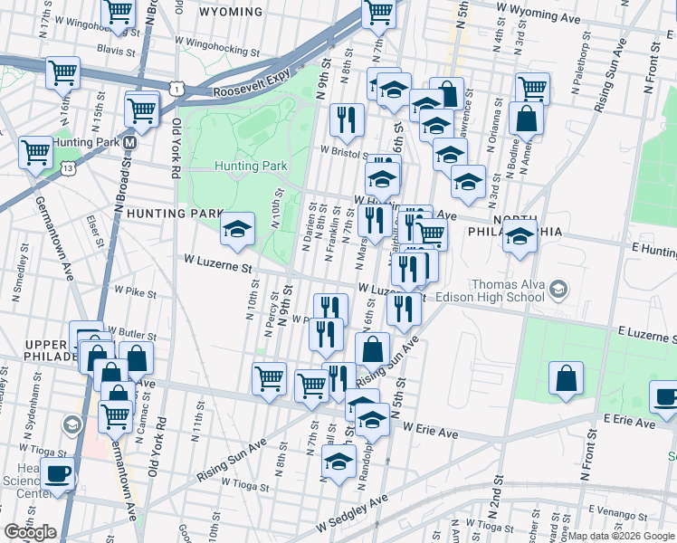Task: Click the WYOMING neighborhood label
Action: click(x=230, y=13)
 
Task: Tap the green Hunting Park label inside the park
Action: click(x=251, y=166)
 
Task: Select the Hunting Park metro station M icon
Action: click(x=130, y=143)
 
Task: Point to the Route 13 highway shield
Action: click(x=69, y=168)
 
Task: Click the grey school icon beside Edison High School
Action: click(x=558, y=290)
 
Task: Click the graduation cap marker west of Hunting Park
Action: click(x=237, y=230)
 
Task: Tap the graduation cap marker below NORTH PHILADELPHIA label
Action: click(x=520, y=239)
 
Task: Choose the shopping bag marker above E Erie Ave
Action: click(x=566, y=378)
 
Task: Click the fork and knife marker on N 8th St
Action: click(x=346, y=119)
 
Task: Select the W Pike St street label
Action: click(x=136, y=291)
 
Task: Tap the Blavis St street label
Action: click(x=116, y=51)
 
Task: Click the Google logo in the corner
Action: click(x=31, y=532)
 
